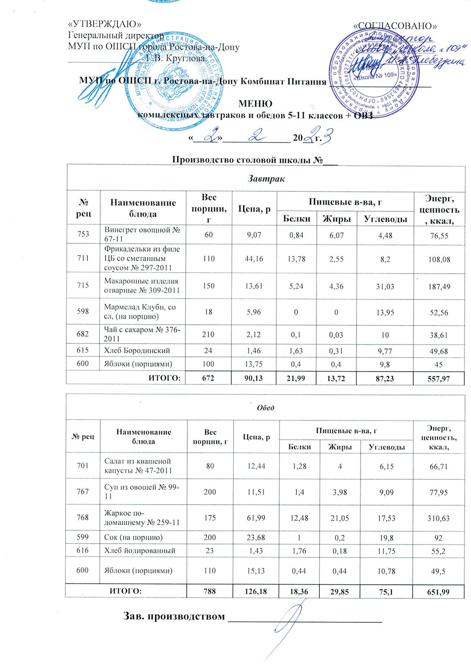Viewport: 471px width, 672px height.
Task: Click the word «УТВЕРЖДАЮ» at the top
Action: [104, 24]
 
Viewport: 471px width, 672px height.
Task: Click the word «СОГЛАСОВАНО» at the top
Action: [395, 26]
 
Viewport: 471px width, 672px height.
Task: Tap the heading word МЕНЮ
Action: [255, 104]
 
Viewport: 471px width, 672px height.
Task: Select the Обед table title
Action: [265, 408]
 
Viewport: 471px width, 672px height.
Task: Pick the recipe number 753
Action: [83, 235]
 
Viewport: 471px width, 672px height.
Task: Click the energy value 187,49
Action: [440, 287]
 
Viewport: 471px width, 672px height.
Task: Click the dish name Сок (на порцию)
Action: [133, 537]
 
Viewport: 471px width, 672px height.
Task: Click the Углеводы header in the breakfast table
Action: [385, 219]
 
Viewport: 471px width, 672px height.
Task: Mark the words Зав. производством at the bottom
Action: [174, 616]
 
